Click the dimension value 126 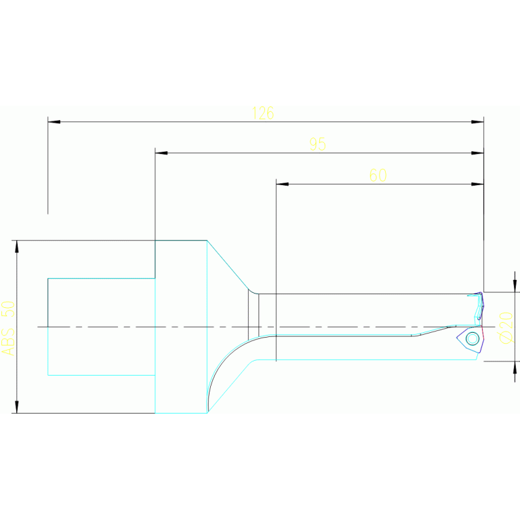coord(262,113)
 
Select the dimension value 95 coord(317,144)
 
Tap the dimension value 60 coord(378,176)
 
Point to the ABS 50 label coord(8,328)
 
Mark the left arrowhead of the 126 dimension coord(54,122)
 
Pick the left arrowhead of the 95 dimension coord(161,153)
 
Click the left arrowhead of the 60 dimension coord(282,184)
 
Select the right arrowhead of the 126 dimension coord(477,122)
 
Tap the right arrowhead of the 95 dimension coord(477,153)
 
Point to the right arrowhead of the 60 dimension coord(477,184)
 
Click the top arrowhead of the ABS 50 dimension coord(17,246)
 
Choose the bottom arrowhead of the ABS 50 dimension coord(17,407)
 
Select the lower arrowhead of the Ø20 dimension coord(515,367)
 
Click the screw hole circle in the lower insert coord(473,338)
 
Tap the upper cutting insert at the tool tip coord(479,304)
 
